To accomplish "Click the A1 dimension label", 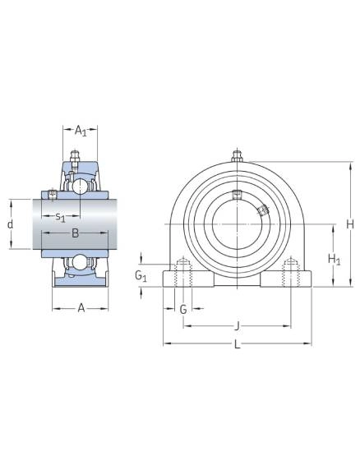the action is (x=81, y=131).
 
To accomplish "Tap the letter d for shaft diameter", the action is (x=11, y=224).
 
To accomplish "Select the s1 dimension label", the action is (x=60, y=217).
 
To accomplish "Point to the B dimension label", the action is (x=76, y=233).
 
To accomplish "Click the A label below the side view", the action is (x=81, y=307).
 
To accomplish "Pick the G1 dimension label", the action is (x=141, y=275).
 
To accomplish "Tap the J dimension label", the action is (x=237, y=326).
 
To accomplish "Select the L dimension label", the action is (x=237, y=344).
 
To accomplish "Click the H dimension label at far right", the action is (x=350, y=224).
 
